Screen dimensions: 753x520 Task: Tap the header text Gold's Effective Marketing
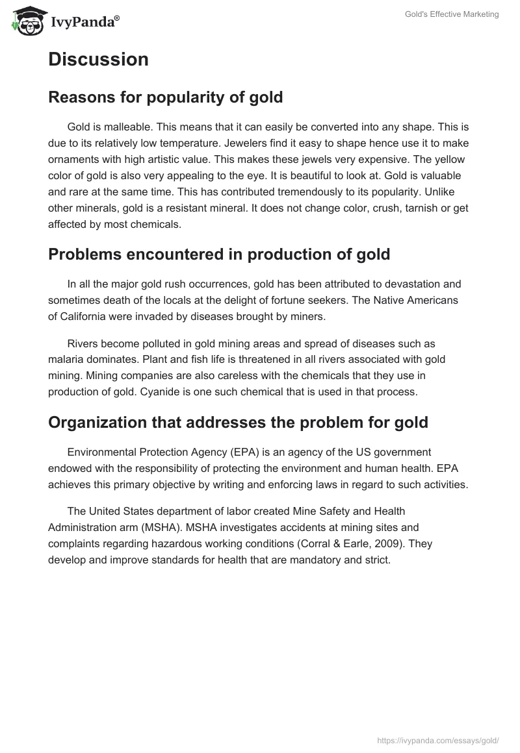coord(449,14)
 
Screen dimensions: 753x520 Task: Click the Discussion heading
coord(98,59)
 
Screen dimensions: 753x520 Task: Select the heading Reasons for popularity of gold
coord(165,97)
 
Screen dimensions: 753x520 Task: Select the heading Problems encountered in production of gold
coord(219,254)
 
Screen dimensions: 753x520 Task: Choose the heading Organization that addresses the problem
coord(238,423)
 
